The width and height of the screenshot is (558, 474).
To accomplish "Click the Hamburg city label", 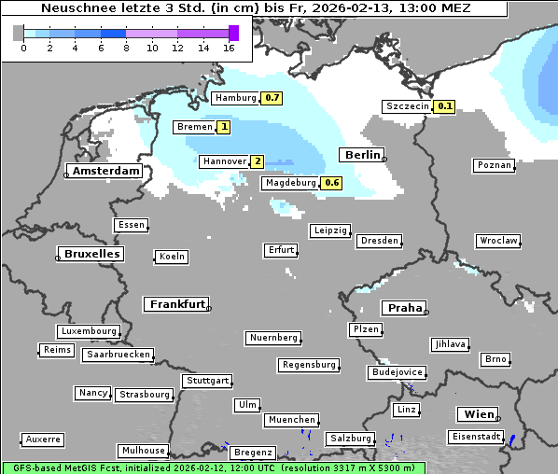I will pyautogui.click(x=235, y=98).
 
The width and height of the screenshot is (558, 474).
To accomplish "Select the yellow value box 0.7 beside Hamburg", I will pyautogui.click(x=272, y=98).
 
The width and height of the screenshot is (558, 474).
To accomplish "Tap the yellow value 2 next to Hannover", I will pyautogui.click(x=257, y=161).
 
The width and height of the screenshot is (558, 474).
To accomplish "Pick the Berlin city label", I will pyautogui.click(x=361, y=155).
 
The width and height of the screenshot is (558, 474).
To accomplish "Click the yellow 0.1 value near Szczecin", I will pyautogui.click(x=444, y=106).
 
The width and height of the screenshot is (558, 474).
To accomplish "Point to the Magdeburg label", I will pyautogui.click(x=290, y=183).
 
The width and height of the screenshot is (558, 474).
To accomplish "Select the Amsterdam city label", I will pyautogui.click(x=105, y=171).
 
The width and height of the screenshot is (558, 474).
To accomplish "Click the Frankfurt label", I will pyautogui.click(x=176, y=304).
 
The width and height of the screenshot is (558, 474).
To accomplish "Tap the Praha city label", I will pyautogui.click(x=404, y=308).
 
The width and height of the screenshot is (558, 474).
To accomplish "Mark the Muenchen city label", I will pyautogui.click(x=292, y=420).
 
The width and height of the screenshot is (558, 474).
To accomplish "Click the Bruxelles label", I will pyautogui.click(x=91, y=254).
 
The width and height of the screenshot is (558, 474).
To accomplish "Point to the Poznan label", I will pyautogui.click(x=494, y=165).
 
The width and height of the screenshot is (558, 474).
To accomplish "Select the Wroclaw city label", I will pyautogui.click(x=497, y=241).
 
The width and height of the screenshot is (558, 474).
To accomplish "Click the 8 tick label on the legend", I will pyautogui.click(x=127, y=48).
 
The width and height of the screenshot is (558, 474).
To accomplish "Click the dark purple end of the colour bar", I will pyautogui.click(x=233, y=33).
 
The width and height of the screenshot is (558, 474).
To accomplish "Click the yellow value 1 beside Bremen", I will pyautogui.click(x=224, y=127).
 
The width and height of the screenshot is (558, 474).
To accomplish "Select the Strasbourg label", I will pyautogui.click(x=145, y=395).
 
